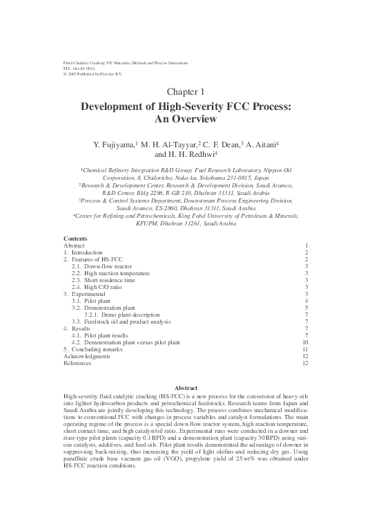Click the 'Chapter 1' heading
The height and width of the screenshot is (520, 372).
(x=186, y=92)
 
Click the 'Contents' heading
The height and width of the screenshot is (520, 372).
(x=75, y=239)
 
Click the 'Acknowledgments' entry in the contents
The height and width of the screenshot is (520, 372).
(x=86, y=356)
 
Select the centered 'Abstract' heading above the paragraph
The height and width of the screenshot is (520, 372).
(x=186, y=389)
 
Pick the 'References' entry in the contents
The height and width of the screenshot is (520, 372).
(x=77, y=363)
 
